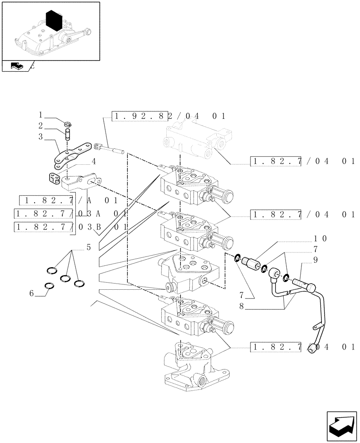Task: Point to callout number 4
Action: point(94,161)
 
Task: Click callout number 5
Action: point(88,248)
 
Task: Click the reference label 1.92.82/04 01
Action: point(169,117)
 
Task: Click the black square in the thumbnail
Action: point(53,21)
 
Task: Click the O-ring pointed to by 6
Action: point(50,286)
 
